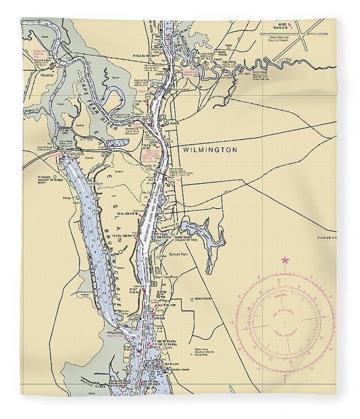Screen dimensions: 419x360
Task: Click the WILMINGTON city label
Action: (x=210, y=150)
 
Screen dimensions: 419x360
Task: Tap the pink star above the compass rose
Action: (x=284, y=260)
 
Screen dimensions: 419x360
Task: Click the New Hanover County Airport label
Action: (x=284, y=42)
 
